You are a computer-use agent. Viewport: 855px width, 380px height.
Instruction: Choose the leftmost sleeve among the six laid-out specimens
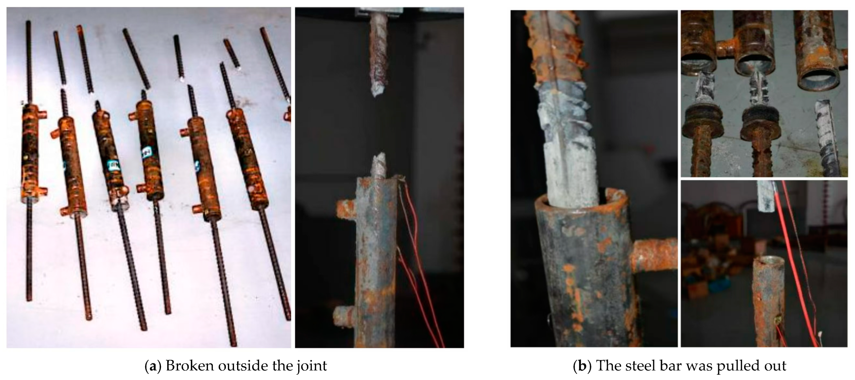[31, 153]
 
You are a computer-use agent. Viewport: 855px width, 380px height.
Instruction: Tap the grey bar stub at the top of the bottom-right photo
[767, 197]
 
